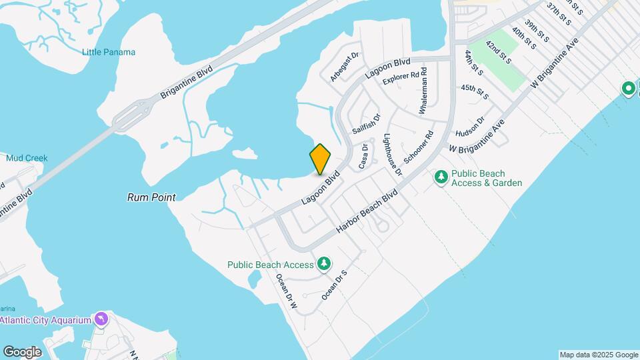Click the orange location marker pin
tap(321, 159)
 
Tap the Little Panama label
tap(109, 52)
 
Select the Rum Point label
tap(152, 197)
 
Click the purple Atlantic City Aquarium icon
tap(101, 319)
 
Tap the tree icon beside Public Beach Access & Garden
tap(441, 177)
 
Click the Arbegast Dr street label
tap(345, 67)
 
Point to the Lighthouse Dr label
tap(393, 155)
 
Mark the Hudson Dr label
tap(471, 123)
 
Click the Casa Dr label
tap(363, 157)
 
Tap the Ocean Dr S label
tap(335, 284)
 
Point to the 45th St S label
tap(475, 92)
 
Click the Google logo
tap(22, 351)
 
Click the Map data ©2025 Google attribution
tap(598, 355)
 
